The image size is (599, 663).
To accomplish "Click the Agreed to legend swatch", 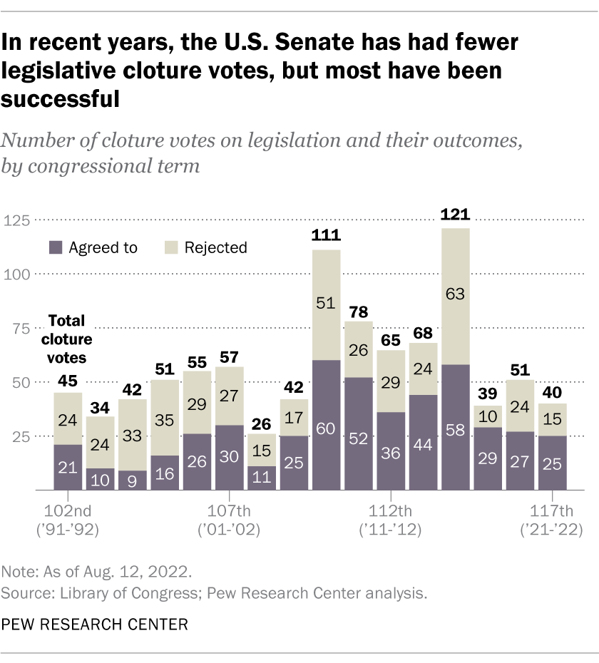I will point(55,247).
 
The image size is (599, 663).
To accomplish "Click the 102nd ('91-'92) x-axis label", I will point(68,520).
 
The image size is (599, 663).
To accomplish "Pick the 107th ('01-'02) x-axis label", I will point(230,520).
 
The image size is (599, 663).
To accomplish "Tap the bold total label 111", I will point(326,237).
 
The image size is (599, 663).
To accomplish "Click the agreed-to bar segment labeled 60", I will point(326,425).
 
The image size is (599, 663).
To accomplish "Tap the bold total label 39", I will point(488,393).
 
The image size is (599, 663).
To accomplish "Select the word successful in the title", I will point(60,98).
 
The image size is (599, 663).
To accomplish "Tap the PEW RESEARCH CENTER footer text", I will point(94,625).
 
